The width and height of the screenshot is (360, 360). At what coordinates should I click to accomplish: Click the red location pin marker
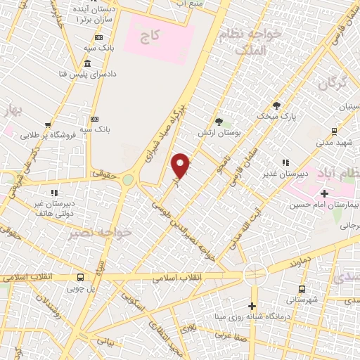(181, 165)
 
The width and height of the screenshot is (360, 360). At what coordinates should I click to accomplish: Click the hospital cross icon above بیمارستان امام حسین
(323, 193)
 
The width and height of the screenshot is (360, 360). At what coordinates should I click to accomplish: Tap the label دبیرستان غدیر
(281, 174)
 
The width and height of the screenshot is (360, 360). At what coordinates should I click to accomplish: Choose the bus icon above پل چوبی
(81, 276)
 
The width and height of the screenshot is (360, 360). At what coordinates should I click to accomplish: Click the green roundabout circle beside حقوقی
(127, 180)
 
